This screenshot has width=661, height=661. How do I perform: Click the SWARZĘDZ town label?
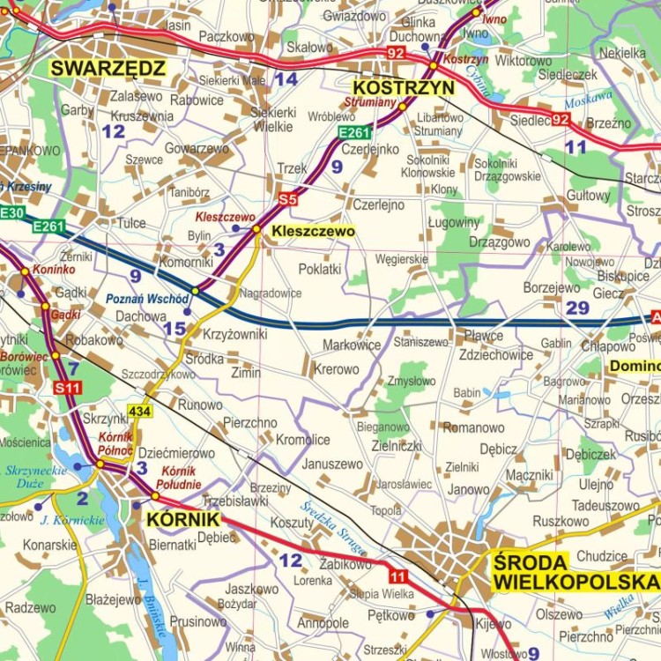pos(108,68)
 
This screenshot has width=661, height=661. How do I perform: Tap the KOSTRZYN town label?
pos(404,87)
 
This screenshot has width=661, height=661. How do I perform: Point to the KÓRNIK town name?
pos(182,519)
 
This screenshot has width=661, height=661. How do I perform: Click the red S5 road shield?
pos(288,199)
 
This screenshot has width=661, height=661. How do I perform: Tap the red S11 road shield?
pos(67,387)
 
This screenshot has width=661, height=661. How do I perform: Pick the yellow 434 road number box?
pos(139,411)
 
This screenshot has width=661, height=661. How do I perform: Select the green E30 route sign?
pos(11,212)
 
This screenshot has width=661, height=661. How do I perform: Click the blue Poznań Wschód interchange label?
pos(147,299)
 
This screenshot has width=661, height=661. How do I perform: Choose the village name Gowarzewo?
pos(197,149)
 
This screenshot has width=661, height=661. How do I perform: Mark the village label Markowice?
pos(352,345)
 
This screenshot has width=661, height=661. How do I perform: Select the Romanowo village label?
pos(473,427)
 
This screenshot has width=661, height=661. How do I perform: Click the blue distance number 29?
pos(577,308)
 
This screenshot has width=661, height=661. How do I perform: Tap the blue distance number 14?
pos(285,79)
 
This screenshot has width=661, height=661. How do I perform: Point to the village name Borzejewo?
pos(552,287)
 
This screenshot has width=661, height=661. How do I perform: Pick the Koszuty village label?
pos(292,523)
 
